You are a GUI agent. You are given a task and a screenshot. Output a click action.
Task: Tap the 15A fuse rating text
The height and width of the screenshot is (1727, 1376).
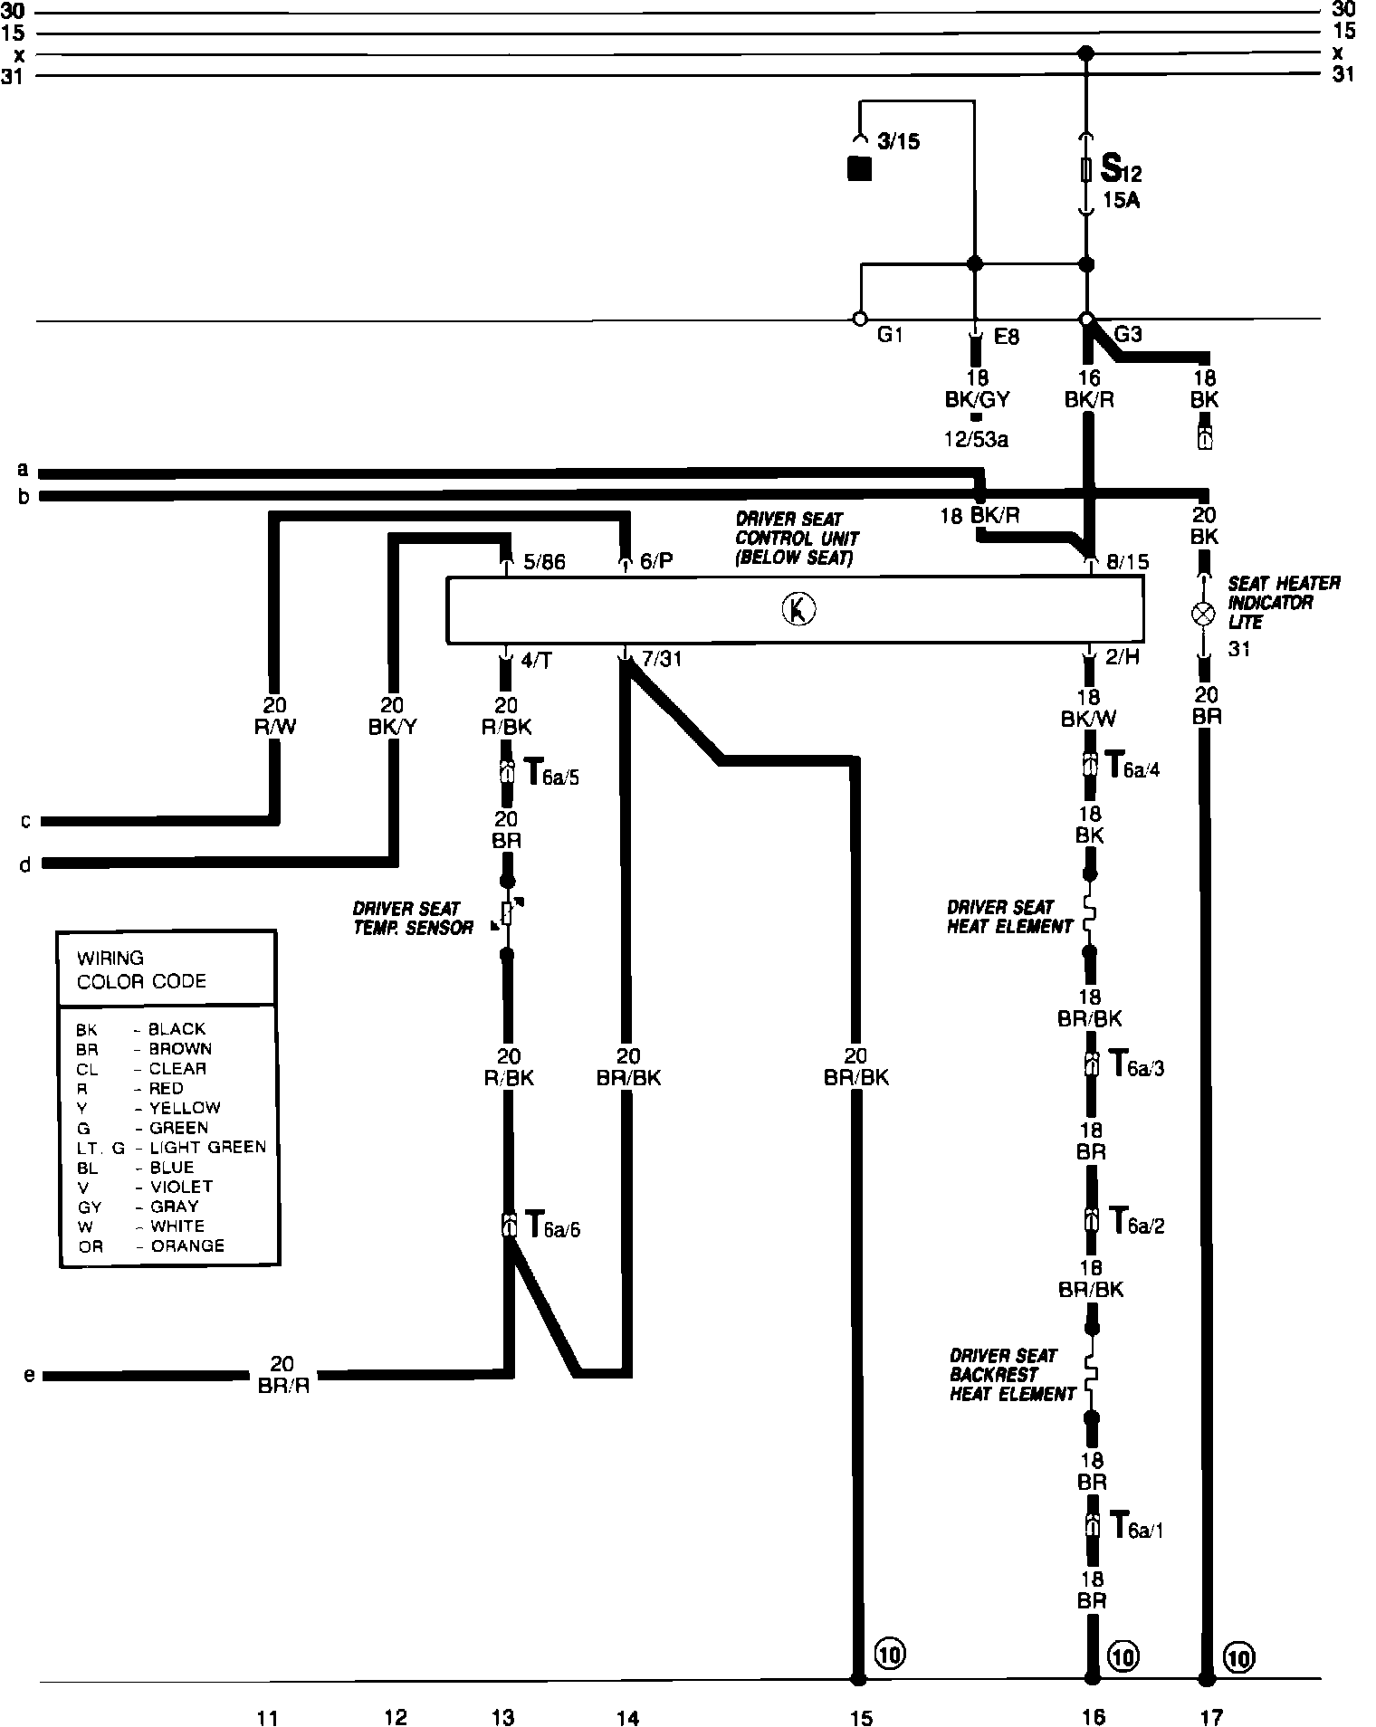tap(1121, 200)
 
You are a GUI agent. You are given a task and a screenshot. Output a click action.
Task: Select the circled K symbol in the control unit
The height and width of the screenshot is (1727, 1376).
tap(798, 610)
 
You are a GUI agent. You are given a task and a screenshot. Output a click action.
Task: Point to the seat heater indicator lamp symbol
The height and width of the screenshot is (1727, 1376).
tap(1203, 614)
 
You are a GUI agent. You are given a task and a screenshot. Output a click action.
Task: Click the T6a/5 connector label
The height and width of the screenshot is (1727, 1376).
tap(551, 774)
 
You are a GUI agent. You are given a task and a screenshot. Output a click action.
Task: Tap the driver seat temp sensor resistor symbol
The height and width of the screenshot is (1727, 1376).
tap(507, 914)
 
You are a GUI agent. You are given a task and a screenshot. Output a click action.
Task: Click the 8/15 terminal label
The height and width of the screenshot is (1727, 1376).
tap(1128, 562)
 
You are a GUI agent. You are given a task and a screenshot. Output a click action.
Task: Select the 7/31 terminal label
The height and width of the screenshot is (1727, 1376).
tap(661, 659)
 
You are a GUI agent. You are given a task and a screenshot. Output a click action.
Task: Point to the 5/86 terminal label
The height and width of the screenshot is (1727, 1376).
tap(544, 562)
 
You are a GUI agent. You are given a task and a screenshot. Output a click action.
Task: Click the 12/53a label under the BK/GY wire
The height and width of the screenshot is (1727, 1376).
tap(975, 440)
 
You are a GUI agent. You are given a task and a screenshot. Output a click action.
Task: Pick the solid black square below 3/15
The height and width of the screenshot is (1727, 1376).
tap(858, 169)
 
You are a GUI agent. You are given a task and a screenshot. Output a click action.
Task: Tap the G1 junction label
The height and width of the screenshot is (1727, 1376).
tap(890, 335)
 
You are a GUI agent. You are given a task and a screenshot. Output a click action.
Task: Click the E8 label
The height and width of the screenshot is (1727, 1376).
tap(1006, 337)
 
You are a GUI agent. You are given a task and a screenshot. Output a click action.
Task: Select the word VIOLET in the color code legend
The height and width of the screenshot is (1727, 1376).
tap(181, 1186)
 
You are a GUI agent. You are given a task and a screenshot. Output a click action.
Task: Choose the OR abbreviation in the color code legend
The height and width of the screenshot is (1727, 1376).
tap(91, 1246)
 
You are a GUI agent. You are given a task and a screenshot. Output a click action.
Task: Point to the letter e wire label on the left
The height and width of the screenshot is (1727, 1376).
tap(29, 1375)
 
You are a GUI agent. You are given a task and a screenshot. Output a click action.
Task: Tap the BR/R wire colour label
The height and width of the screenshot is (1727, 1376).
tap(283, 1386)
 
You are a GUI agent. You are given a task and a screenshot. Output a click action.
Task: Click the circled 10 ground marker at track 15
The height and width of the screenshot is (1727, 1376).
tap(890, 1654)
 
